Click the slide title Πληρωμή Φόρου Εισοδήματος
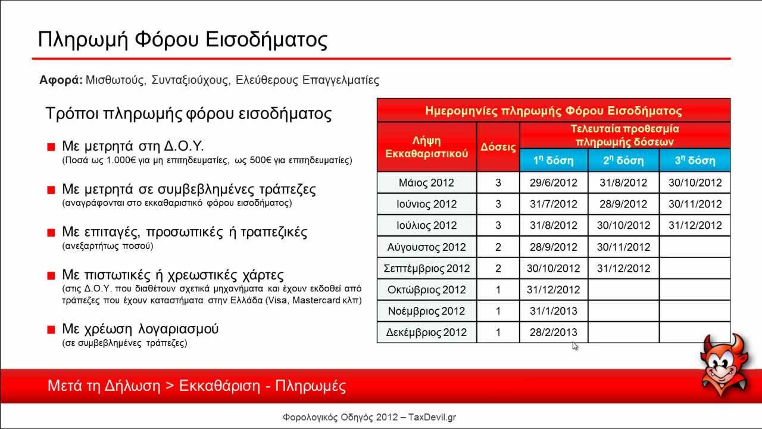click(x=183, y=40)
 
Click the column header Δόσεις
click(x=498, y=147)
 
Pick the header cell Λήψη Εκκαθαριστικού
click(x=427, y=147)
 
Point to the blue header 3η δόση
click(x=695, y=161)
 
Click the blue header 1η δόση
click(x=553, y=161)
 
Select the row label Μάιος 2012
click(x=426, y=183)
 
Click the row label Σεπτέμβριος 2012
click(x=426, y=268)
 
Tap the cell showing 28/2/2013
click(x=553, y=332)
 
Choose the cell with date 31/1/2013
click(x=553, y=311)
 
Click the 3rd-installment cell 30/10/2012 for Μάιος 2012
click(x=695, y=183)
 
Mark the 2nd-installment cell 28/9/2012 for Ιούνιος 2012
click(x=623, y=204)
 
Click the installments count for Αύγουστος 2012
click(x=498, y=247)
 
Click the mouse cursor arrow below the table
click(x=574, y=346)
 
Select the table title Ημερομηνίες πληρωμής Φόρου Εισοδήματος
click(x=553, y=111)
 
